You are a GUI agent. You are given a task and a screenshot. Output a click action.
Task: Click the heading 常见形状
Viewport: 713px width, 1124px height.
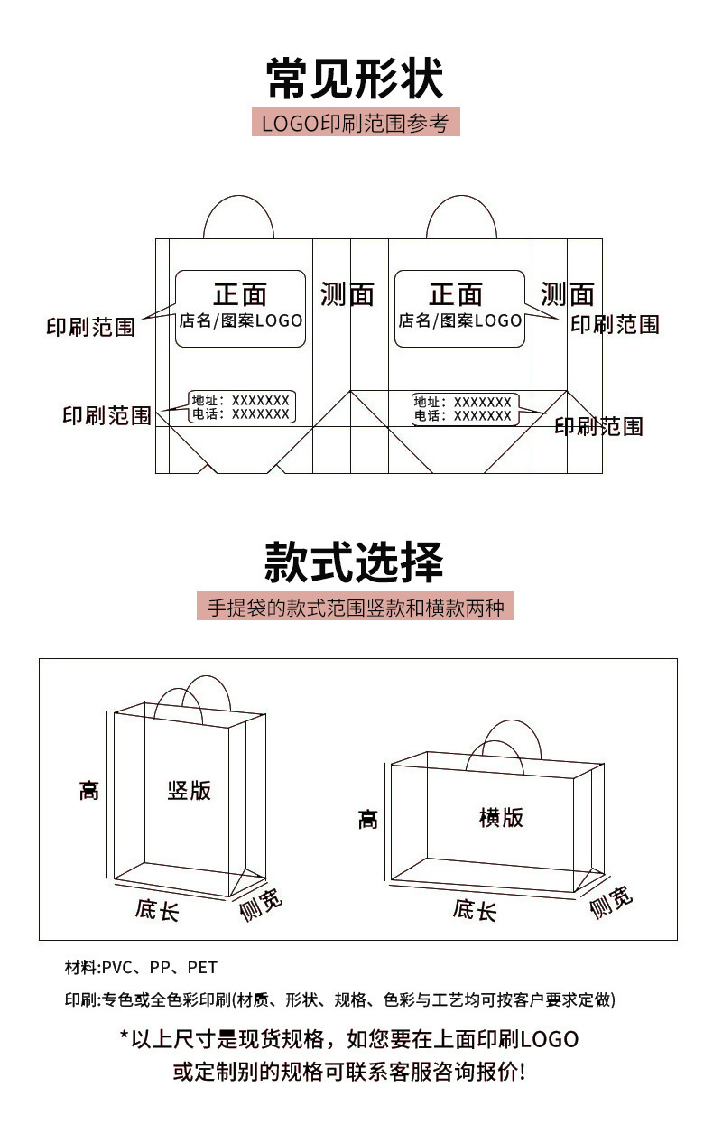pos(355,78)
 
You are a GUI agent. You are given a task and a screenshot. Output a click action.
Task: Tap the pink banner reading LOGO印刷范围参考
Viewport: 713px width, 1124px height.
pos(355,123)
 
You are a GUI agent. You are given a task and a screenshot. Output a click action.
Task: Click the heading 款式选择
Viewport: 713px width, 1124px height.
pos(355,562)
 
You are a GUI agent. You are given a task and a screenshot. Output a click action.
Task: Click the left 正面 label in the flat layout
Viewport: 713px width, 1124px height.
pos(240,294)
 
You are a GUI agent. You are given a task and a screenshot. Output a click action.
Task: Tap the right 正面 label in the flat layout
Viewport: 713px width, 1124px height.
pos(456,294)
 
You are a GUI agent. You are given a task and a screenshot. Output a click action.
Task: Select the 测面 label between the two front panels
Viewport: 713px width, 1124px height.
pos(347,294)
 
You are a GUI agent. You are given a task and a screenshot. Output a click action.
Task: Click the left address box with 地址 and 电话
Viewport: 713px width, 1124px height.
pos(242,407)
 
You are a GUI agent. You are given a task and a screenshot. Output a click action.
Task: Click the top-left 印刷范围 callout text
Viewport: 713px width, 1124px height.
pos(90,327)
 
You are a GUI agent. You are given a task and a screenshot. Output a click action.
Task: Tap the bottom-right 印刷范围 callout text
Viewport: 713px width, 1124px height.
pos(598,426)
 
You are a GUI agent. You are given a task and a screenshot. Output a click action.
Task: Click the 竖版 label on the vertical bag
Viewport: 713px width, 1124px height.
pos(190,791)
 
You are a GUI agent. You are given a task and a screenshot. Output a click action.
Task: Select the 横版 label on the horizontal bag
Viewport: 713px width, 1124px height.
pos(501,818)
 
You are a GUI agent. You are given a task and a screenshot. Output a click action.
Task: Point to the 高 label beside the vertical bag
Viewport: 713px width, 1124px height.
pos(88,792)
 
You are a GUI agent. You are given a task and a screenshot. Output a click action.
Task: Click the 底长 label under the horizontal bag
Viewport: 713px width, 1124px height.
pos(475,910)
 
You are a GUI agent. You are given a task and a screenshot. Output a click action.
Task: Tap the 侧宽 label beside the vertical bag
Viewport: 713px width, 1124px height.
pos(261,904)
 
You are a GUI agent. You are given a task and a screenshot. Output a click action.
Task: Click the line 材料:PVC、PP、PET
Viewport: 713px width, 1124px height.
pos(141,968)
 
